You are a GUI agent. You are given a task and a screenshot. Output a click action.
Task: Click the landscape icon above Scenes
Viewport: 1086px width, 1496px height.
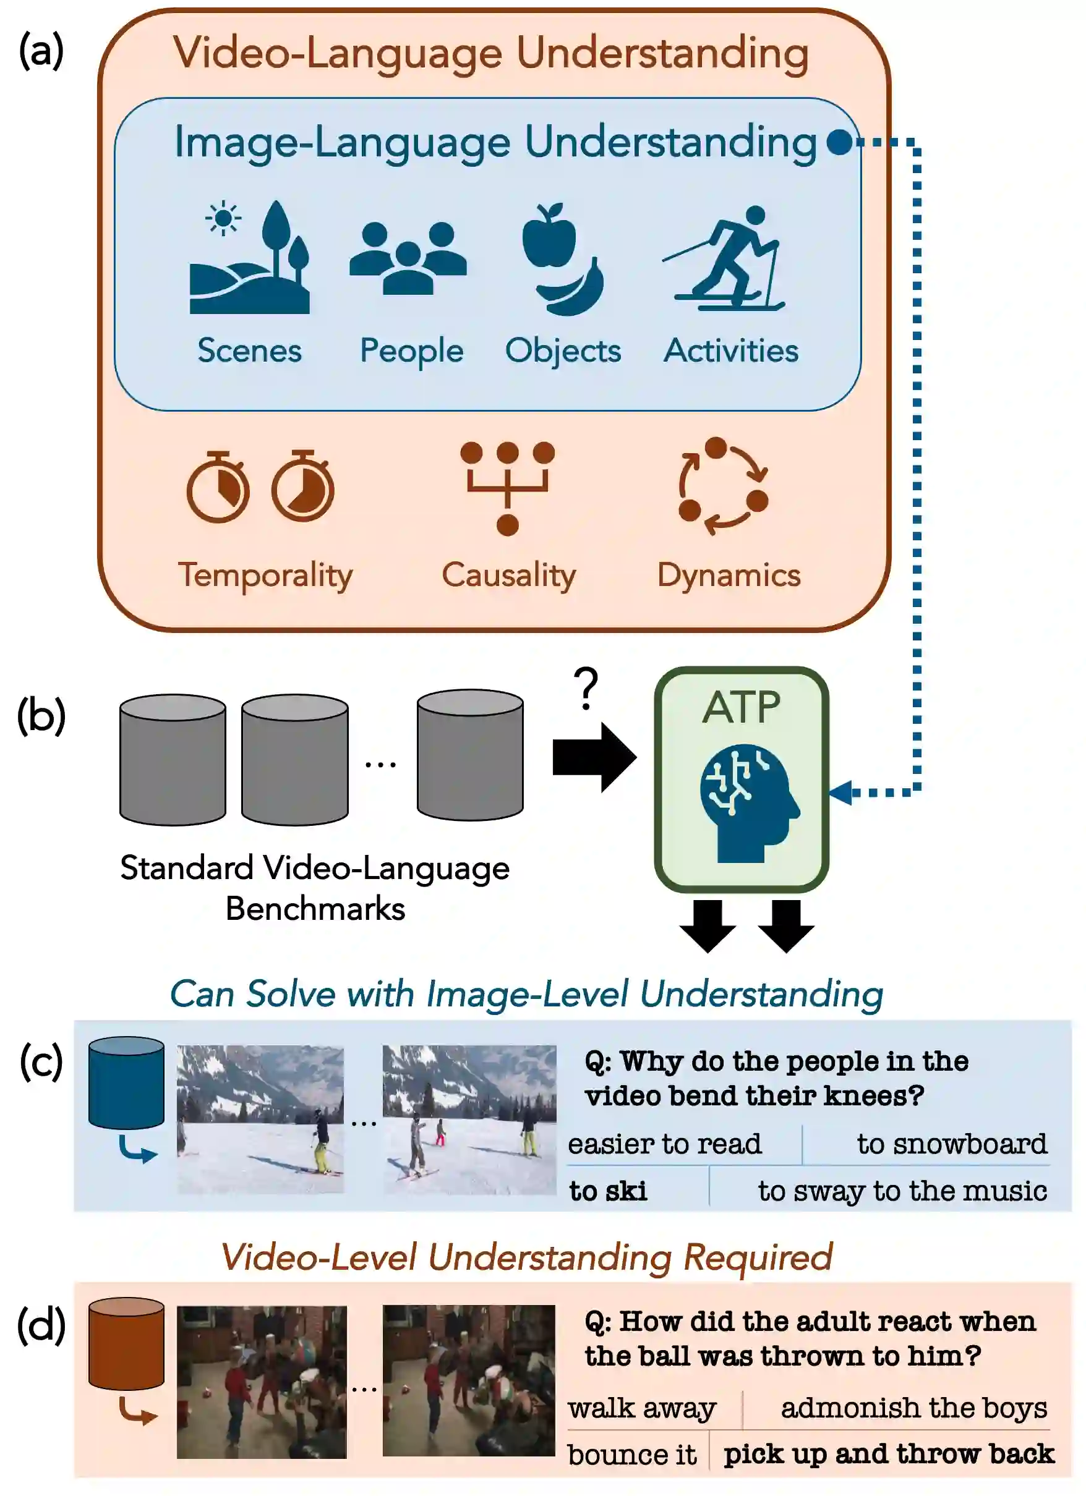coord(249,258)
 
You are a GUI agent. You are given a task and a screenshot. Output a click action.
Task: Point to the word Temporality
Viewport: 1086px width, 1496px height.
coord(265,575)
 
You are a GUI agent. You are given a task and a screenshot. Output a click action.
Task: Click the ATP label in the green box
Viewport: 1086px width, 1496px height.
coord(741,708)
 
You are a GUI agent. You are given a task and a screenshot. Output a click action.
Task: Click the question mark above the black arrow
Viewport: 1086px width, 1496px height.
coord(585,688)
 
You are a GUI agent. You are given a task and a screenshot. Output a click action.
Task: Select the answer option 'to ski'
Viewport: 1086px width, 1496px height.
coord(608,1191)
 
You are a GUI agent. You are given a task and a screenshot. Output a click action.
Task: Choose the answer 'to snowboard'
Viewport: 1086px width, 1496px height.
coord(951,1144)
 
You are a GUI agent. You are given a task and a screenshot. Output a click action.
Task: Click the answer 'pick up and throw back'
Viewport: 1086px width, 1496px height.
coord(888,1454)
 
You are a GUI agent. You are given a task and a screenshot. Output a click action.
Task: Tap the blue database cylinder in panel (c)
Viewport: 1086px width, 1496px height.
coord(126,1082)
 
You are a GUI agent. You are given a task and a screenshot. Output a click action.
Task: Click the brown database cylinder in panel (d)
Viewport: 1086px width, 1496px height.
coord(126,1343)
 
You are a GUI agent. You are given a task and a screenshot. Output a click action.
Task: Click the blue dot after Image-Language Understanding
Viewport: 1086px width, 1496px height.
coord(839,142)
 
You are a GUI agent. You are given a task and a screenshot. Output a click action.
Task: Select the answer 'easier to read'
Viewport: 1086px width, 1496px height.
coord(664,1144)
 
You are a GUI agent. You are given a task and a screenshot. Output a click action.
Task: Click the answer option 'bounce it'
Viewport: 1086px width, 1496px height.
coord(631,1455)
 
